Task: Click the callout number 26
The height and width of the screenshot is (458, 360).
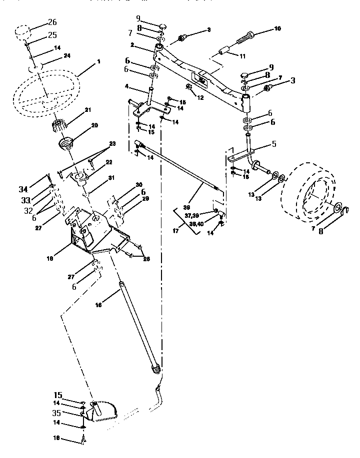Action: click(x=52, y=21)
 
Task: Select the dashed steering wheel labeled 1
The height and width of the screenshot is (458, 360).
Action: click(x=45, y=93)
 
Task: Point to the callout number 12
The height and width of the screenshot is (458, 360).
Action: click(x=200, y=98)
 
